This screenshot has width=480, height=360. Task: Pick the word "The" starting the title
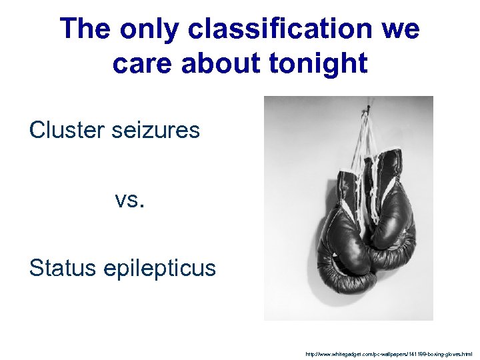click(87, 30)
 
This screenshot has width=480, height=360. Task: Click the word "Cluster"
click(65, 130)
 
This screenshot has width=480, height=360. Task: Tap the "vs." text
click(129, 199)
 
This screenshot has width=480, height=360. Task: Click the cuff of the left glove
click(348, 183)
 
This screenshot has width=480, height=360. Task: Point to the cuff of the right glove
click(389, 167)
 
